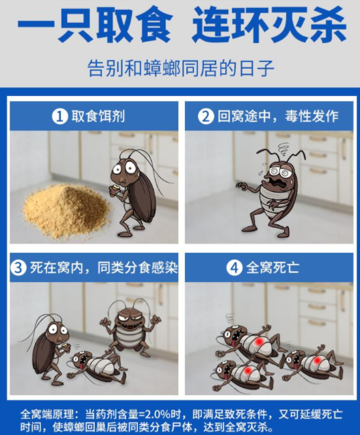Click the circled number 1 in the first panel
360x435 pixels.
[x=60, y=116]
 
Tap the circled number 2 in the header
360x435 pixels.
[x=206, y=116]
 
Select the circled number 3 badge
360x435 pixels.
[x=18, y=268]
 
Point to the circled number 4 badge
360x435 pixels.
[x=235, y=268]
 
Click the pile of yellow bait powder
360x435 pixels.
[x=66, y=211]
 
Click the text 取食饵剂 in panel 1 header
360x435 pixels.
[x=98, y=116]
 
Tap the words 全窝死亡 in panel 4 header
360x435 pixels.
[x=272, y=268]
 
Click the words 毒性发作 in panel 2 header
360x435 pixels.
[x=312, y=116]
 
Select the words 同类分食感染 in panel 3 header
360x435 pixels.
[x=137, y=268]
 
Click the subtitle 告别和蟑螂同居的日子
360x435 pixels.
[x=181, y=68]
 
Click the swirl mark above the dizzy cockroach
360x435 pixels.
[x=284, y=147]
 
